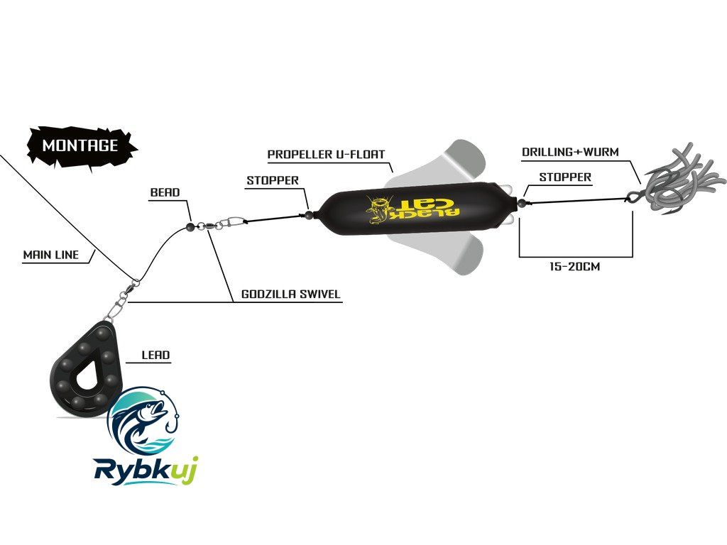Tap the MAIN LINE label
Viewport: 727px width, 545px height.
pos(51,255)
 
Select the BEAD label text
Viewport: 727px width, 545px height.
pos(165,192)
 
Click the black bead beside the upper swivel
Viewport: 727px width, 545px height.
pos(190,226)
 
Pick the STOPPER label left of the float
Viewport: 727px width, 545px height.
pos(273,181)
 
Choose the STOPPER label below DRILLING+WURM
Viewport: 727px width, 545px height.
pos(565,177)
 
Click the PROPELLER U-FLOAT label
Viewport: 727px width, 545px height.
pos(327,154)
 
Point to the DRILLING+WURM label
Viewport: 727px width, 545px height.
pos(570,152)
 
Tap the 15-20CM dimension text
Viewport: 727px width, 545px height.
pos(575,267)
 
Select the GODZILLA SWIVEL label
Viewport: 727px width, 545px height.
pos(291,294)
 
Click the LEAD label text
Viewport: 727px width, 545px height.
pos(155,356)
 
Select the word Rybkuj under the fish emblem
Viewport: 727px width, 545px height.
pos(146,470)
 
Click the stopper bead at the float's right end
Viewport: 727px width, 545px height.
pos(521,202)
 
